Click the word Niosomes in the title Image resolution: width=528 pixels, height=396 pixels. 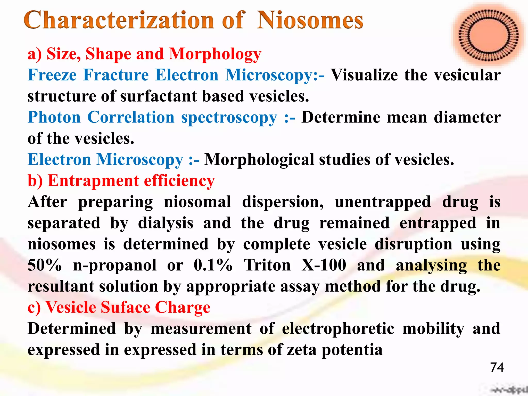click(310, 20)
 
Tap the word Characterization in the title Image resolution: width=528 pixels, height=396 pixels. click(119, 20)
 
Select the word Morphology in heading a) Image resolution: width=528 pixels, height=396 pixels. click(215, 54)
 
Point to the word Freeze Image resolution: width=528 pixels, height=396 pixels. click(52, 75)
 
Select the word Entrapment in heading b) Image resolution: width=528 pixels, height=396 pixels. click(93, 181)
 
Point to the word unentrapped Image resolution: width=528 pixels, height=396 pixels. click(383, 202)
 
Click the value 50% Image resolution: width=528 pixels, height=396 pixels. click(45, 265)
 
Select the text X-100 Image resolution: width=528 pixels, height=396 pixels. click(324, 265)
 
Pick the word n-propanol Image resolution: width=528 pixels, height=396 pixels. click(115, 266)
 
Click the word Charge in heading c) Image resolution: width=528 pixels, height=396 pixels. click(183, 307)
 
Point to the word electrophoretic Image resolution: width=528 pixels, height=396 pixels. click(338, 329)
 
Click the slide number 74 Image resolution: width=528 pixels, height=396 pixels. click(497, 367)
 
